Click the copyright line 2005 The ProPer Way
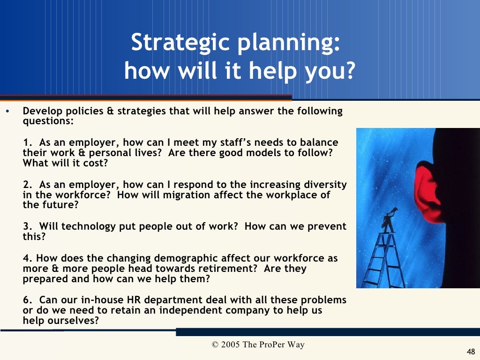tap(258, 345)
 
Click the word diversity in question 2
tap(325, 185)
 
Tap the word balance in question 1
tap(320, 142)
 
